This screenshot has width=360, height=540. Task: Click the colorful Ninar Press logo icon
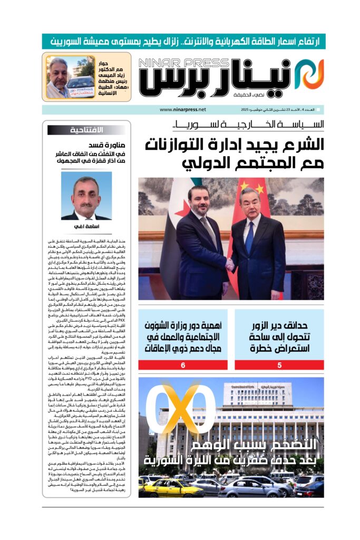[x=308, y=73]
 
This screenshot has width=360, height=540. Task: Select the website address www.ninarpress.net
[x=182, y=110]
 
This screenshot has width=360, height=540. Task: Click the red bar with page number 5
[x=279, y=365]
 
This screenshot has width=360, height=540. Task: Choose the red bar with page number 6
[x=183, y=365]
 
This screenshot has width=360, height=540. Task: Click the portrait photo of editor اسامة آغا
[x=86, y=195]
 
